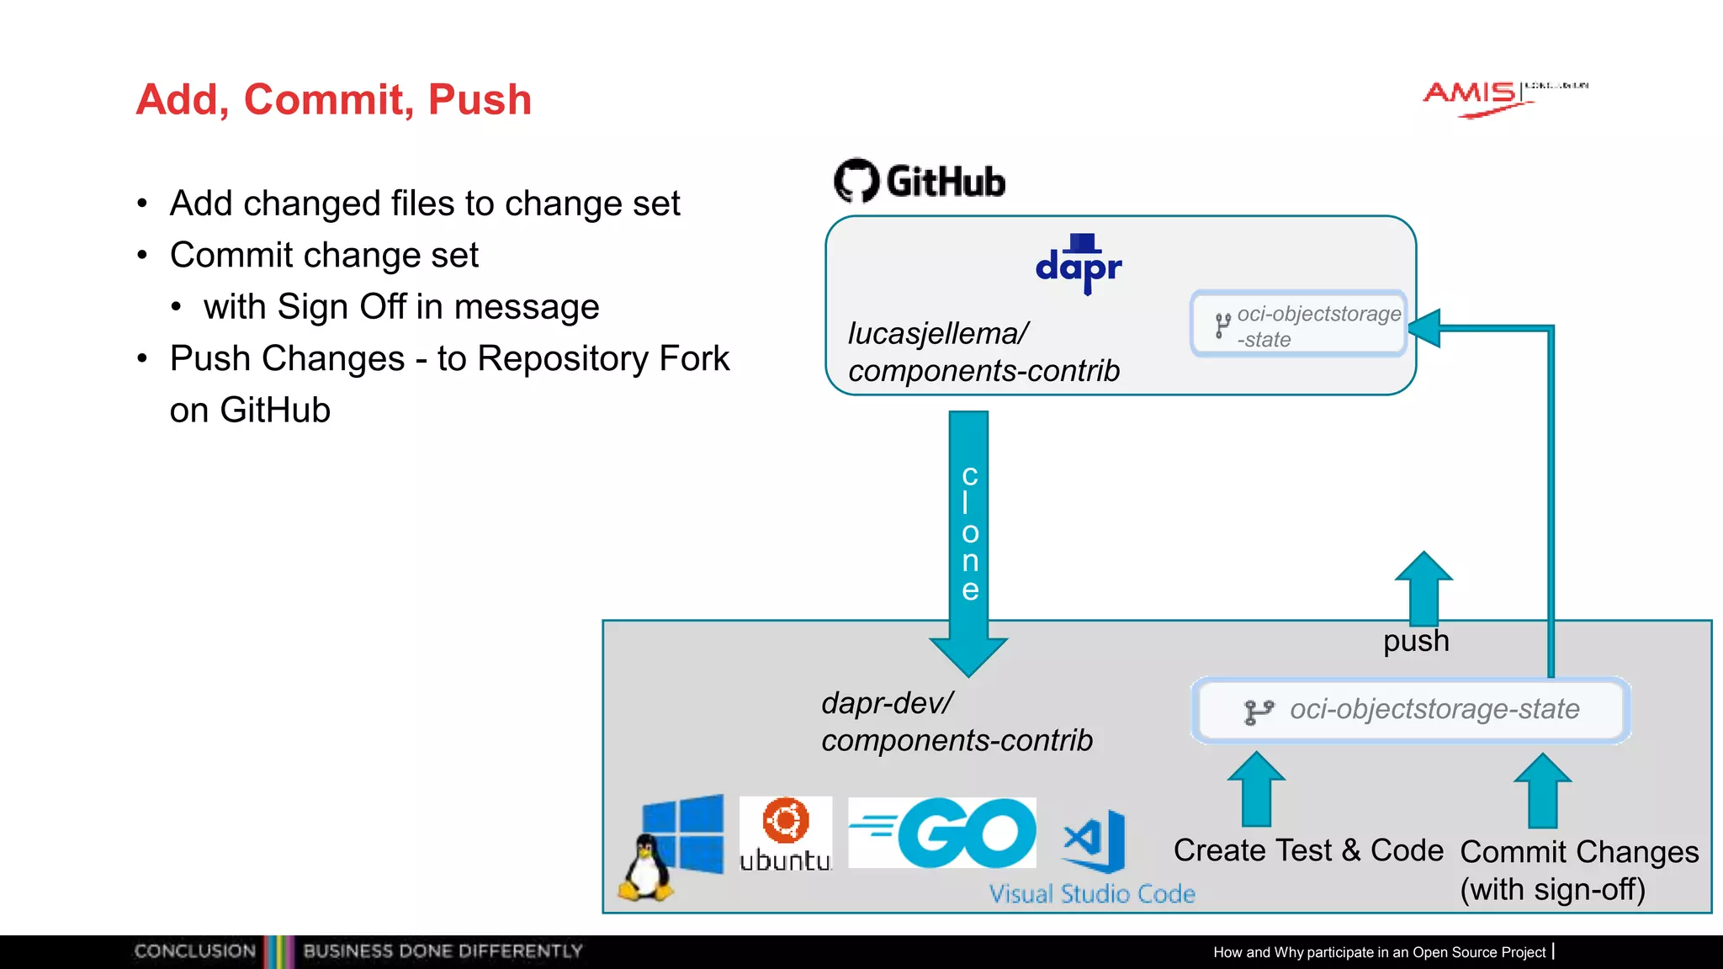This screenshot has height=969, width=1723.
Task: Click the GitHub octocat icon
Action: (x=856, y=180)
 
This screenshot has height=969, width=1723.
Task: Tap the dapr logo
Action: (x=1079, y=264)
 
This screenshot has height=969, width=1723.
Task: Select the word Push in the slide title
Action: (x=480, y=99)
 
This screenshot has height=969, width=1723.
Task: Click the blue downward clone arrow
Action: (x=968, y=538)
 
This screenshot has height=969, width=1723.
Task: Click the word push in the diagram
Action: (x=1416, y=641)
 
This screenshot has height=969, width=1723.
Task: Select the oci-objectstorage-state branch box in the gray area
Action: (x=1411, y=710)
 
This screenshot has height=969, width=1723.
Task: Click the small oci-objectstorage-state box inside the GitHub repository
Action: (x=1298, y=325)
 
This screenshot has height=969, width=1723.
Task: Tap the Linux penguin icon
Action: (x=645, y=868)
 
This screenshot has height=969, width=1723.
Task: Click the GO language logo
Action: (x=942, y=833)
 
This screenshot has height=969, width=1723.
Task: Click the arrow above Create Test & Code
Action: (x=1256, y=788)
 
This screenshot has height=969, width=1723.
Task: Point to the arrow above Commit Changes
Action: (x=1542, y=790)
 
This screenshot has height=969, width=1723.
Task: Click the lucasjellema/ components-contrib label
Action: (x=983, y=352)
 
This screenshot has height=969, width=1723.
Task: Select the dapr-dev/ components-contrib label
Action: (x=956, y=722)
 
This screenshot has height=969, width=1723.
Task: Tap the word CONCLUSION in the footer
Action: (x=194, y=951)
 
